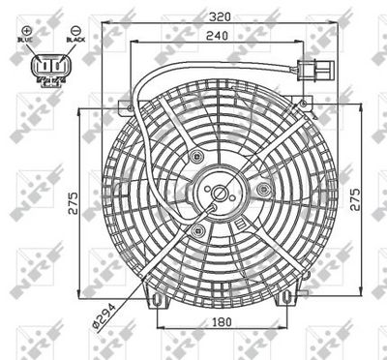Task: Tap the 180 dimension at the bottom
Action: pyautogui.click(x=222, y=321)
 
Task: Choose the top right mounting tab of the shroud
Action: pyautogui.click(x=308, y=102)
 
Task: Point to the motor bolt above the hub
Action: pyautogui.click(x=197, y=156)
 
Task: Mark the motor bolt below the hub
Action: pyautogui.click(x=199, y=229)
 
